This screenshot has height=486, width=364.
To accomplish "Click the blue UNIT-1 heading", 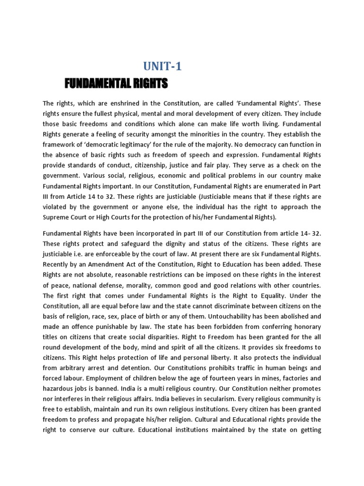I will pyautogui.click(x=162, y=67).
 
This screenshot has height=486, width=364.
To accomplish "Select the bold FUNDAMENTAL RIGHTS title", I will pyautogui.click(x=116, y=84).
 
